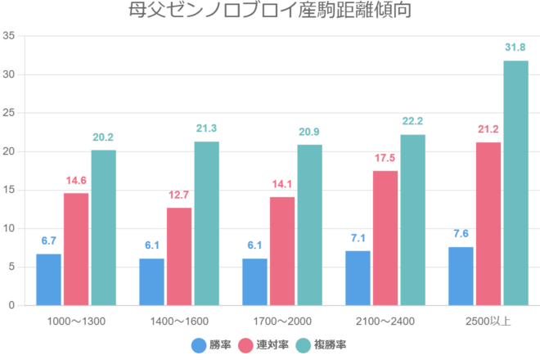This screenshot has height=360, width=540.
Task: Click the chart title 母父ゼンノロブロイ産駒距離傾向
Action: tap(270, 11)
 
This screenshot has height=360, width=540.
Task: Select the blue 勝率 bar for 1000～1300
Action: tap(48, 279)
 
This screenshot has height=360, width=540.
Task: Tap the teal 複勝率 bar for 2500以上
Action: tap(515, 182)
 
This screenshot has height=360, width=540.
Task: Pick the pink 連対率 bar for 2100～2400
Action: tap(385, 237)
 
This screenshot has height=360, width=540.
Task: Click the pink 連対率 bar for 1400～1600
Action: tap(179, 256)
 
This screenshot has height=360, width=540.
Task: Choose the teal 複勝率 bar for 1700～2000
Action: tap(309, 225)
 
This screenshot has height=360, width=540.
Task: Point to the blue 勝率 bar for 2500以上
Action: tap(461, 276)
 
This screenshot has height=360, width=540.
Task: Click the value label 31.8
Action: tap(515, 47)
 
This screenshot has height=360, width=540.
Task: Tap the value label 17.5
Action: tap(385, 158)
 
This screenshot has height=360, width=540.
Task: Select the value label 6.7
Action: tap(48, 241)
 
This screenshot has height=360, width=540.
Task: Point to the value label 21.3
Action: tap(206, 128)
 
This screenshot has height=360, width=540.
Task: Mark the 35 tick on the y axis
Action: tap(9, 36)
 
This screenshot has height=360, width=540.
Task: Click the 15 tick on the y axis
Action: tap(9, 190)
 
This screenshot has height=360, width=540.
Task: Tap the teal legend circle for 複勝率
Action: tap(302, 344)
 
